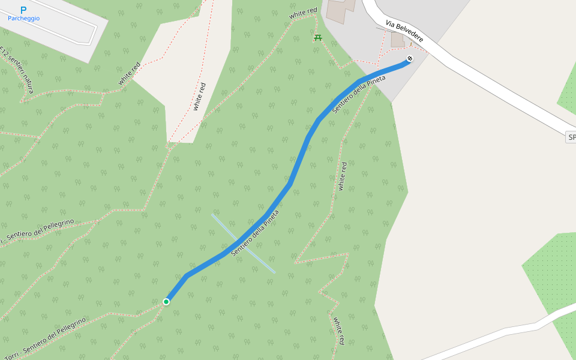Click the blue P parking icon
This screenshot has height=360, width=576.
point(23,10)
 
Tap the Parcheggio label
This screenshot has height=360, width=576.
point(24,19)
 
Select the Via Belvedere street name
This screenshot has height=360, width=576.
point(404,32)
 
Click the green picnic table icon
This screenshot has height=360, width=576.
point(317,38)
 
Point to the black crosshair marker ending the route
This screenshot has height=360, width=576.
point(409,59)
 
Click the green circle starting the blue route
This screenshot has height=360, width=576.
point(166,301)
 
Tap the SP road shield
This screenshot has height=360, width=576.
point(571,137)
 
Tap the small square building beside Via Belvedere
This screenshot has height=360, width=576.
point(398,40)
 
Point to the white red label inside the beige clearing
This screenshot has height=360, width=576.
point(199,96)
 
